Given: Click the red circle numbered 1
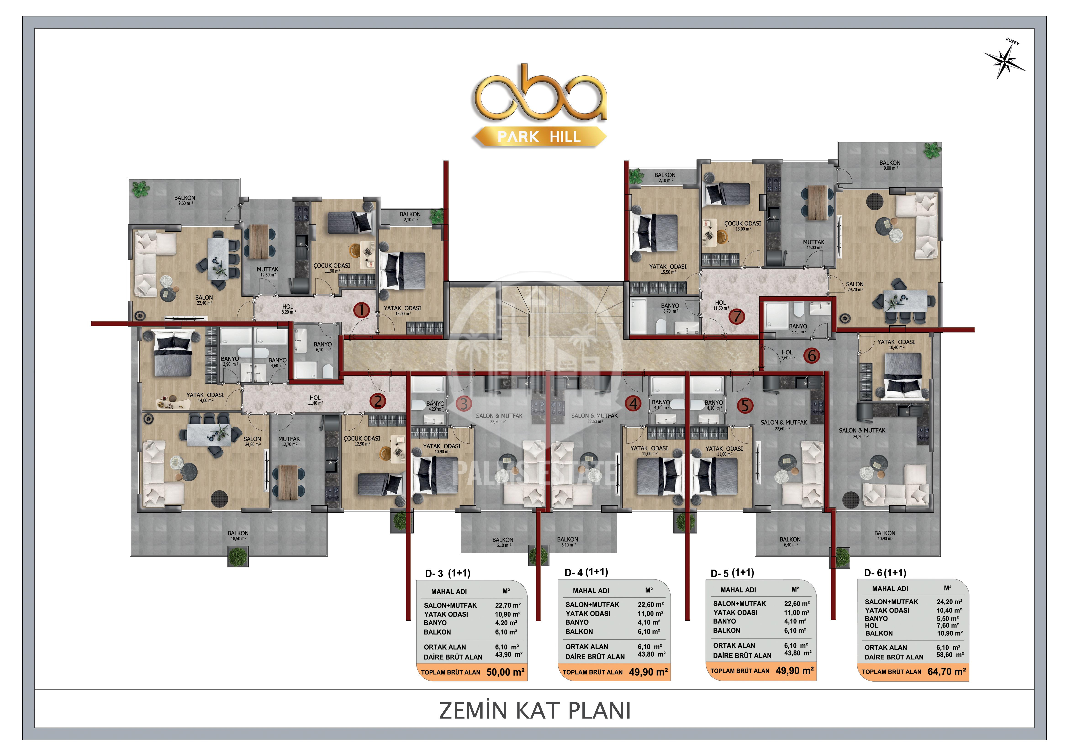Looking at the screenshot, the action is tap(362, 310).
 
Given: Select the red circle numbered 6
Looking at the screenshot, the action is tap(812, 356).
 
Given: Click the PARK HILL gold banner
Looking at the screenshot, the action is tap(539, 137).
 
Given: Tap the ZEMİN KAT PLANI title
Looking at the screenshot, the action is tap(535, 711).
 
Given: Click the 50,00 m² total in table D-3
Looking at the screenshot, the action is tap(505, 672).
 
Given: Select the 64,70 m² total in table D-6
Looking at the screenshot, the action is tap(947, 672).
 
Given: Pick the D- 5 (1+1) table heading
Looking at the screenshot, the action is tap(732, 573).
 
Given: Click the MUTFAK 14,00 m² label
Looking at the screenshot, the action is tap(813, 244).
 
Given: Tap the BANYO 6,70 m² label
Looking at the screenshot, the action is tap(670, 308).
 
